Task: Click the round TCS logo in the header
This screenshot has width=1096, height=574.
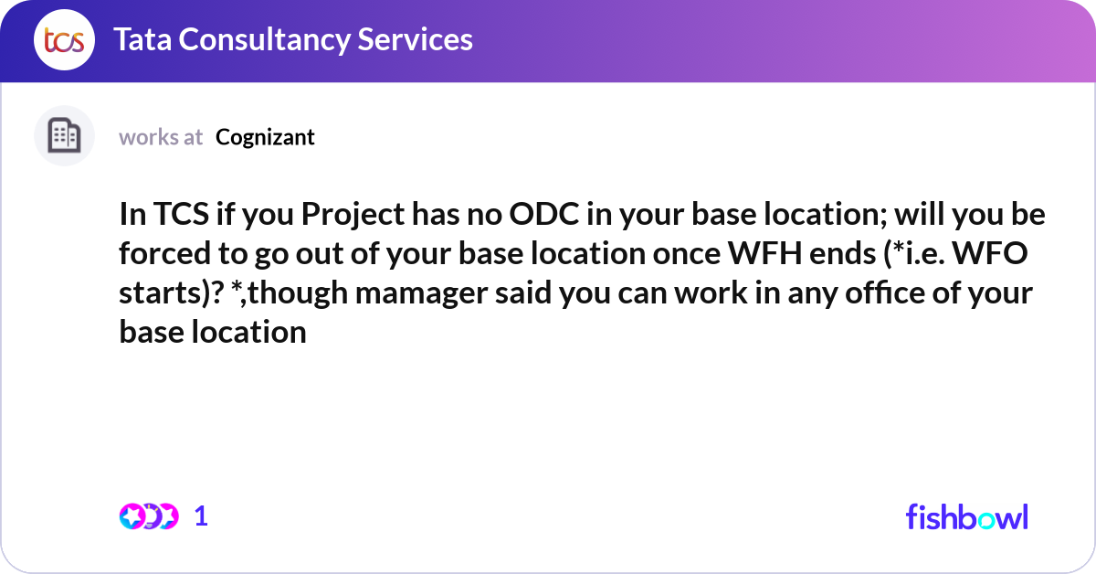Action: (x=64, y=39)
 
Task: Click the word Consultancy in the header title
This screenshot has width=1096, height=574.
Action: (x=264, y=40)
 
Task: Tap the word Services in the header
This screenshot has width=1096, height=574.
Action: (x=415, y=39)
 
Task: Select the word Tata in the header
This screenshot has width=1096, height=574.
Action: (x=142, y=39)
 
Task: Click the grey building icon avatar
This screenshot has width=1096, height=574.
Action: (x=64, y=135)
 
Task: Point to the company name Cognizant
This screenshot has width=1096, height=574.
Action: (x=265, y=138)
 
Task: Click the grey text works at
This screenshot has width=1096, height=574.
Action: (x=161, y=137)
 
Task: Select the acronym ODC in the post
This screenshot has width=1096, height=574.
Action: (x=543, y=214)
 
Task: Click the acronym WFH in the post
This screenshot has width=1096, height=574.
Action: (x=764, y=253)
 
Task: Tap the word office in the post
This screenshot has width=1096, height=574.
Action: (x=885, y=292)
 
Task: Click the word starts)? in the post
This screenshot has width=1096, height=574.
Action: (x=172, y=293)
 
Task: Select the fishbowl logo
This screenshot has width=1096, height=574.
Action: (x=967, y=516)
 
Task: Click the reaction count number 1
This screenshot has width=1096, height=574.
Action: (x=201, y=516)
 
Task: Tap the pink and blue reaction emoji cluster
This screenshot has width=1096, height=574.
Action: (x=149, y=516)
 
